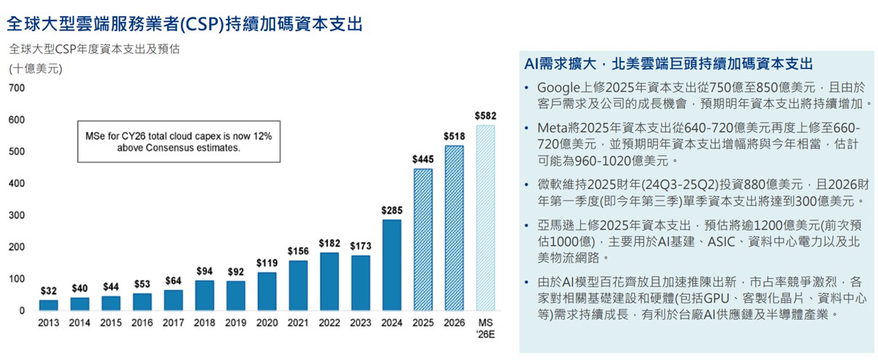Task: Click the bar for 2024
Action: coord(391,265)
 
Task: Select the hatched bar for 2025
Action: coord(423,240)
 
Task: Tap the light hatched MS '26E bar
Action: coord(485,218)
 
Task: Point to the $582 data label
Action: coord(485,115)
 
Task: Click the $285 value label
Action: coord(391,210)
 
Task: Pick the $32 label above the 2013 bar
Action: coord(48,290)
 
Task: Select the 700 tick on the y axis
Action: coord(17,88)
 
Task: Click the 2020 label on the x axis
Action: coord(267,323)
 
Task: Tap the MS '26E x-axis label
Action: coord(485,328)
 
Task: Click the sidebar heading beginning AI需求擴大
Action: coord(667,63)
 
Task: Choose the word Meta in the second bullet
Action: coord(553,127)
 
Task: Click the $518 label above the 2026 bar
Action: coord(454,136)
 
